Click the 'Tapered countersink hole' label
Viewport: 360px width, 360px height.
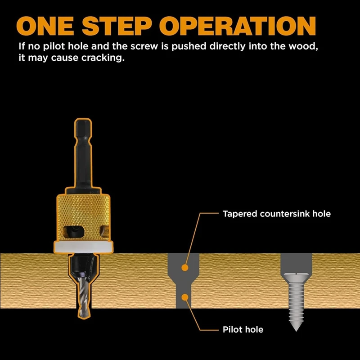(276, 214)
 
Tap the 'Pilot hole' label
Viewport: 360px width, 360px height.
(243, 329)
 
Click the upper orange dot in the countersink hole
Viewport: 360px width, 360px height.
(184, 268)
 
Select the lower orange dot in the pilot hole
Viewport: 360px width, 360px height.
(184, 297)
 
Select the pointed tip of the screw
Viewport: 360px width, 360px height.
(295, 328)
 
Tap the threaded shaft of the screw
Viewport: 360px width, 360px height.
(295, 301)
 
